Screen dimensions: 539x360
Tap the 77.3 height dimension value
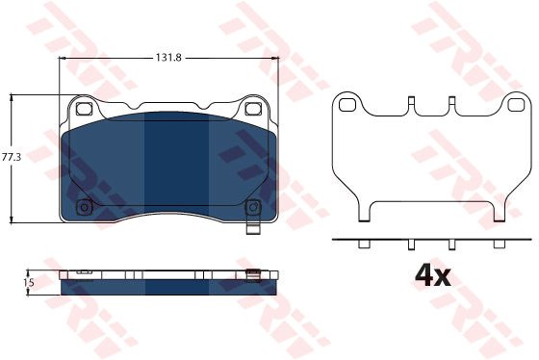tap(12, 158)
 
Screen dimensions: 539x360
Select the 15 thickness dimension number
tap(29, 283)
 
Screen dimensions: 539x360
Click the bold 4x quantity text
tap(433, 275)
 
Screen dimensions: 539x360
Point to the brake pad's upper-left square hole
tap(84, 109)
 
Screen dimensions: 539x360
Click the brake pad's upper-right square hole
tap(253, 109)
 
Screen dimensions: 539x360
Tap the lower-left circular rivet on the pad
tap(84, 207)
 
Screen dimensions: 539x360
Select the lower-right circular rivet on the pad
tap(253, 207)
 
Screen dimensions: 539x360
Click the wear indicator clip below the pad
tap(253, 229)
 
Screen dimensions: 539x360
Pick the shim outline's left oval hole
tap(347, 105)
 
